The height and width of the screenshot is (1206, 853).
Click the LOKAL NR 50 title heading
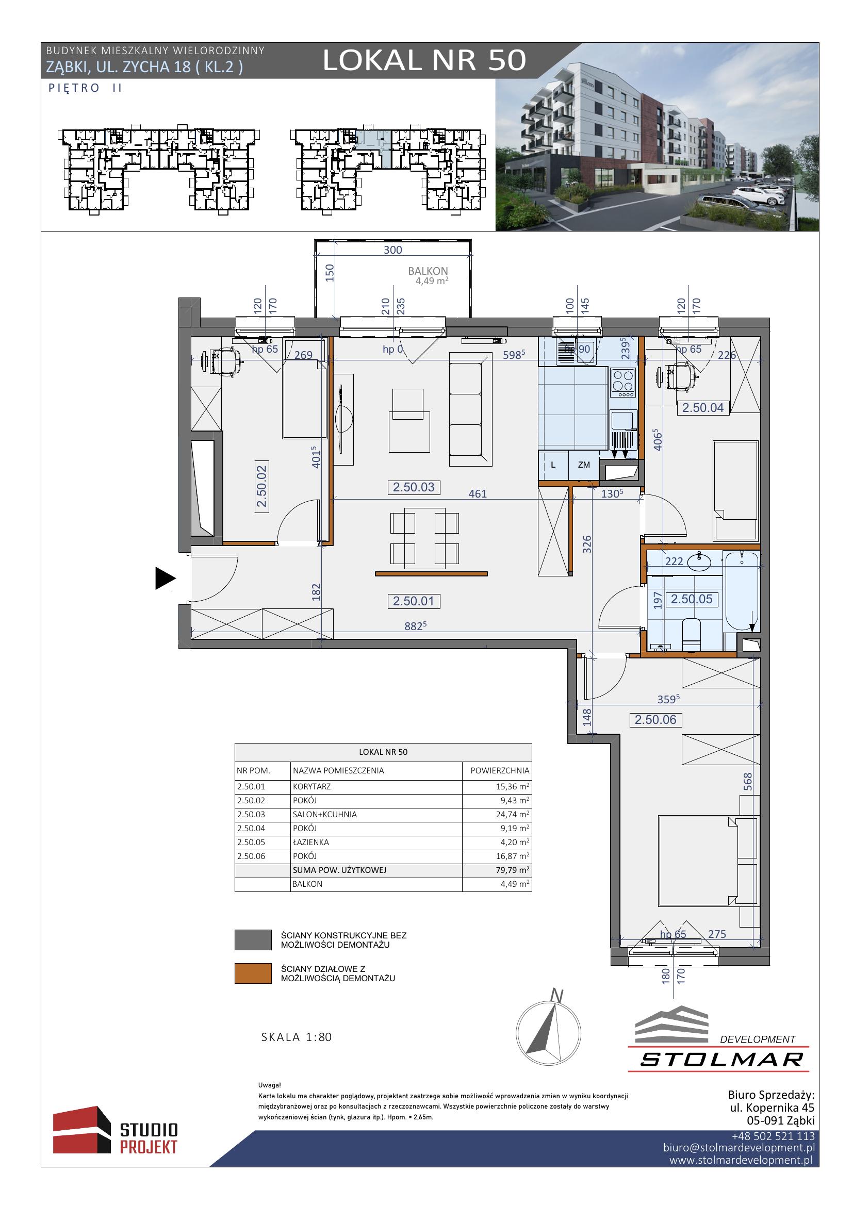424,60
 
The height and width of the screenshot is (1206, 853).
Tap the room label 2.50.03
414,487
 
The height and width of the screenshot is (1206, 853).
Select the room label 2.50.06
655,720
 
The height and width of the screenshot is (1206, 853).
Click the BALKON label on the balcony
428,271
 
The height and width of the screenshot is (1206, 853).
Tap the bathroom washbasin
699,563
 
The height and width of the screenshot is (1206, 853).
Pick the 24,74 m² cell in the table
514,814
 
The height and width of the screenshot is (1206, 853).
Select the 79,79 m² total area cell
514,870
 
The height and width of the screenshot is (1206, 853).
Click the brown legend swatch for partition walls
253,973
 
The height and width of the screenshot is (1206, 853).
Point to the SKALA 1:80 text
296,1037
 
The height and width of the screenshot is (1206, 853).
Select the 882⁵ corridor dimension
415,625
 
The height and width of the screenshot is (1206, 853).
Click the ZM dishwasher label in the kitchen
584,465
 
